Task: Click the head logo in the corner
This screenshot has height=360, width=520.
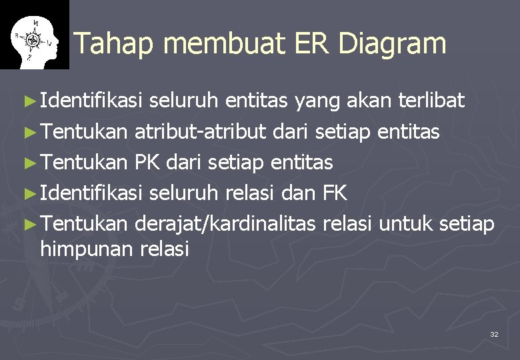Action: [34, 35]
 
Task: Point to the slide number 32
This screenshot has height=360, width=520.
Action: [494, 333]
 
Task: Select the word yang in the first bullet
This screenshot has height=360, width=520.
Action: [317, 102]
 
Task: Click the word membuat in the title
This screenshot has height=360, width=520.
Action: [217, 44]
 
